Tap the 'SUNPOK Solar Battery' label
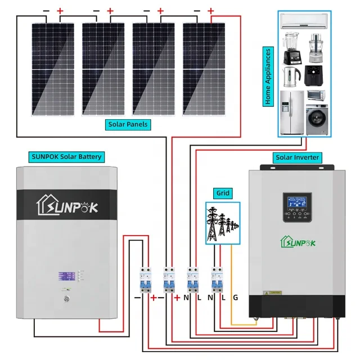(x=67, y=156)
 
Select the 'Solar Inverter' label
(x=296, y=157)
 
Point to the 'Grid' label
(x=223, y=193)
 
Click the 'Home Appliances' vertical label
(x=268, y=76)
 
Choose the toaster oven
(x=316, y=94)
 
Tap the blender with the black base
(x=290, y=49)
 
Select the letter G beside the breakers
(x=235, y=296)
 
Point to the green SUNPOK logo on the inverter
(x=296, y=242)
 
